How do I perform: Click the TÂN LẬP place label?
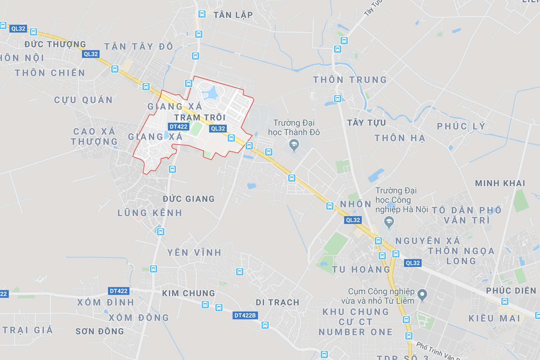coord(233,15)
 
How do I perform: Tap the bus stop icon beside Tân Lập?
coord(202,14)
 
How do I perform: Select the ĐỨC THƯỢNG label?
coord(55,44)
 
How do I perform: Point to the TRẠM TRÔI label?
coord(200,117)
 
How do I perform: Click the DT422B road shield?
coord(245,315)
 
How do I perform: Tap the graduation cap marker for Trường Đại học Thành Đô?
coord(294,145)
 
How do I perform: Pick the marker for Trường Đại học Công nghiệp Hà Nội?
coord(389,222)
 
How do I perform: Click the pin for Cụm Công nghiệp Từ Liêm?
coord(422,295)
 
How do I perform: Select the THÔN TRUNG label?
coord(350,80)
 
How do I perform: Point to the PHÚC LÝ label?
coord(461,126)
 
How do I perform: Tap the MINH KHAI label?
coord(500,183)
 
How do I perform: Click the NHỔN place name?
coord(356,204)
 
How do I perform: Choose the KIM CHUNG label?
coord(188,293)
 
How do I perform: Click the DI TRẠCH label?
coord(277,302)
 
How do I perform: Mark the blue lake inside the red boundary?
coord(210,93)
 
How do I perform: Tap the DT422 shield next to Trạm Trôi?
coord(179,127)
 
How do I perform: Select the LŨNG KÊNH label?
coord(150,213)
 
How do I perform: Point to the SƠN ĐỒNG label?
coord(100,331)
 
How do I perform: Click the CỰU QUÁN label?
coord(83,100)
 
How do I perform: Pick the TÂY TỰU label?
coord(366,123)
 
